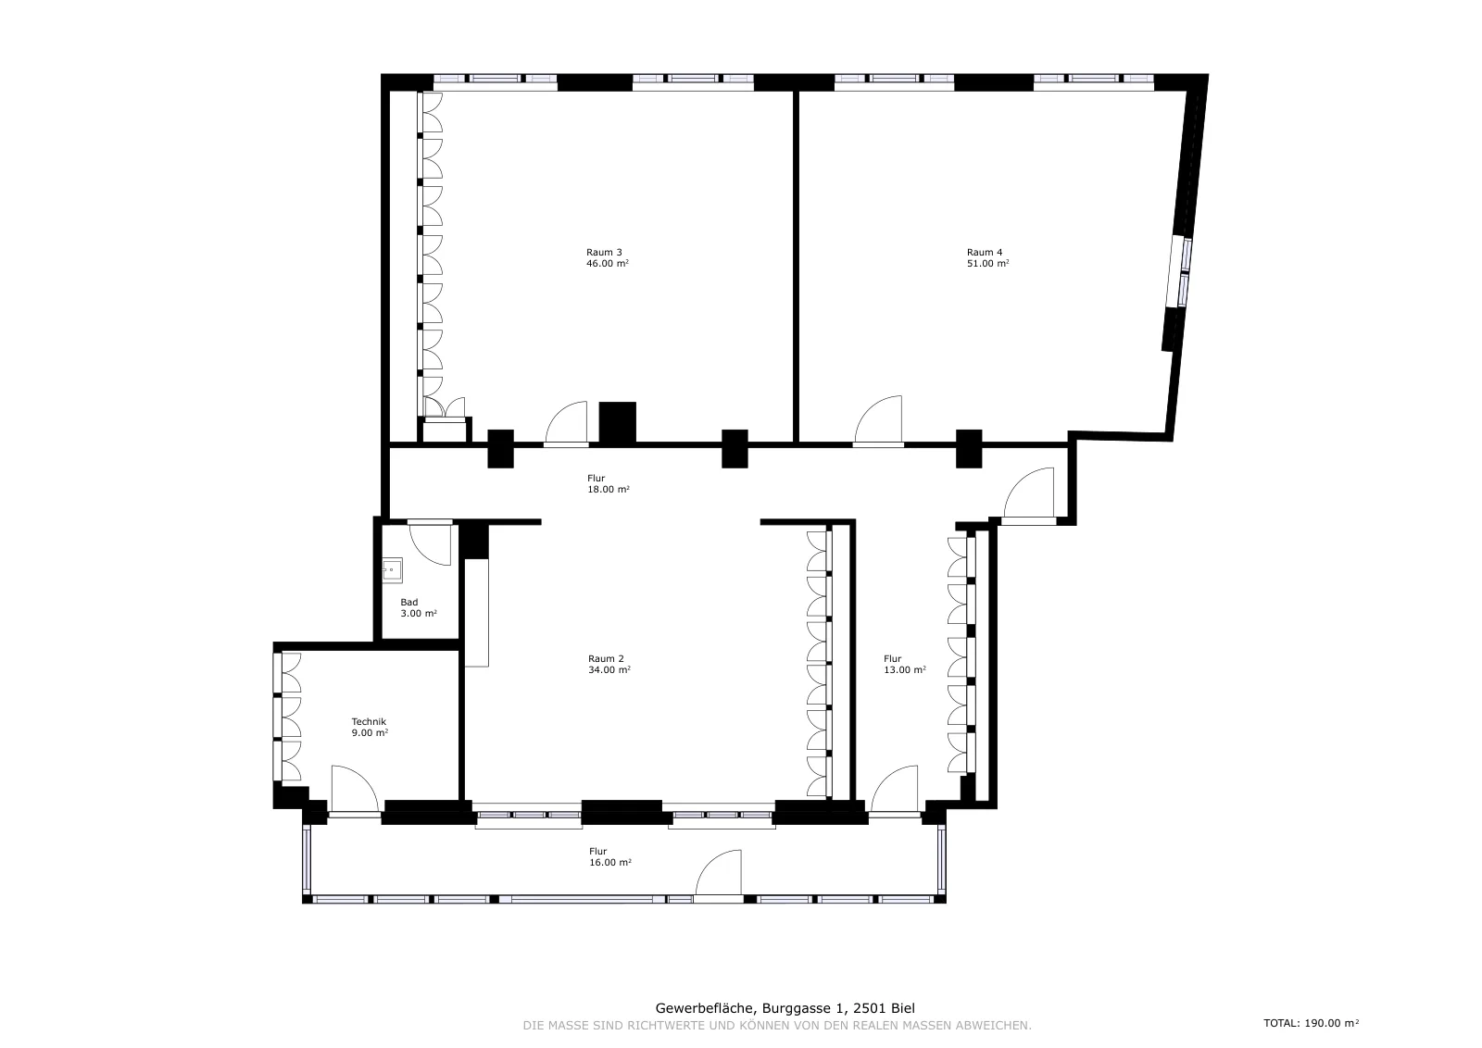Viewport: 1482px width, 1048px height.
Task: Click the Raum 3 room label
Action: coord(604,252)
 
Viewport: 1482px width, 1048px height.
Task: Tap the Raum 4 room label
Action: coord(985,252)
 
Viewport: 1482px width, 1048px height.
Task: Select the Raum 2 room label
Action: coord(606,658)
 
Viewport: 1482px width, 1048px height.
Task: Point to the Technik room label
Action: coord(369,721)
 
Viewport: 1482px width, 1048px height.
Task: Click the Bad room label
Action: coord(408,602)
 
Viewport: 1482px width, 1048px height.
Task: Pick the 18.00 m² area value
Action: coord(609,490)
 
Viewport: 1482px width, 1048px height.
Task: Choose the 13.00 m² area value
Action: coord(905,669)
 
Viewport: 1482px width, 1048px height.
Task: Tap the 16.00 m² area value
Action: coord(610,862)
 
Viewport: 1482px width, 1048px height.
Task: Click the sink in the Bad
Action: coord(393,570)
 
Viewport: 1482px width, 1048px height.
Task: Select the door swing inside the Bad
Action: coord(430,544)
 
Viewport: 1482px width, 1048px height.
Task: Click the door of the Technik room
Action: coord(355,789)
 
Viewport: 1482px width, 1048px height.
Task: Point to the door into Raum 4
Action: coord(878,420)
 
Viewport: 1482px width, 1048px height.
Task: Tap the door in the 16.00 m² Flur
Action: coord(719,873)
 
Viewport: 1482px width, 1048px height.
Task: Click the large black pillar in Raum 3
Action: coord(617,422)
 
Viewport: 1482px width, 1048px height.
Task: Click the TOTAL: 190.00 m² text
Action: coord(1312,1023)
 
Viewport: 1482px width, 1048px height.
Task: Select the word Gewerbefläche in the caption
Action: coord(705,1008)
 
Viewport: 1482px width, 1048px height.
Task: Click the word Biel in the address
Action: coord(903,1008)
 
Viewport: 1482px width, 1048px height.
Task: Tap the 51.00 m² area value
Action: coord(987,263)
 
